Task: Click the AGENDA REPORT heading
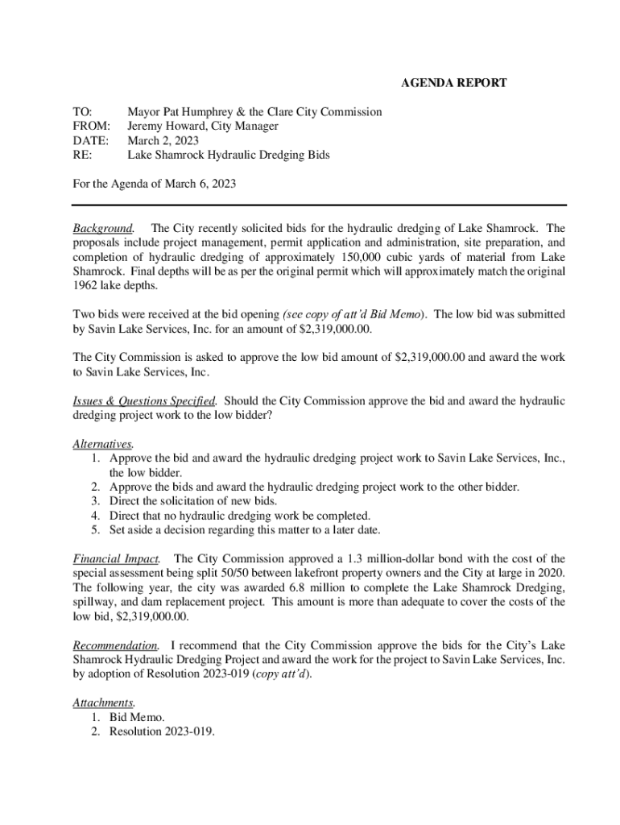click(x=454, y=83)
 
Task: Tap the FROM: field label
click(x=91, y=126)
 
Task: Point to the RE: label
click(x=82, y=155)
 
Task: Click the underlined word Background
click(x=103, y=229)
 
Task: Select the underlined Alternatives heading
click(x=102, y=444)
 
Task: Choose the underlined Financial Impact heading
click(x=116, y=558)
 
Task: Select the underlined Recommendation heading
click(x=116, y=645)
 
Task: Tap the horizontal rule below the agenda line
click(x=320, y=205)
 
